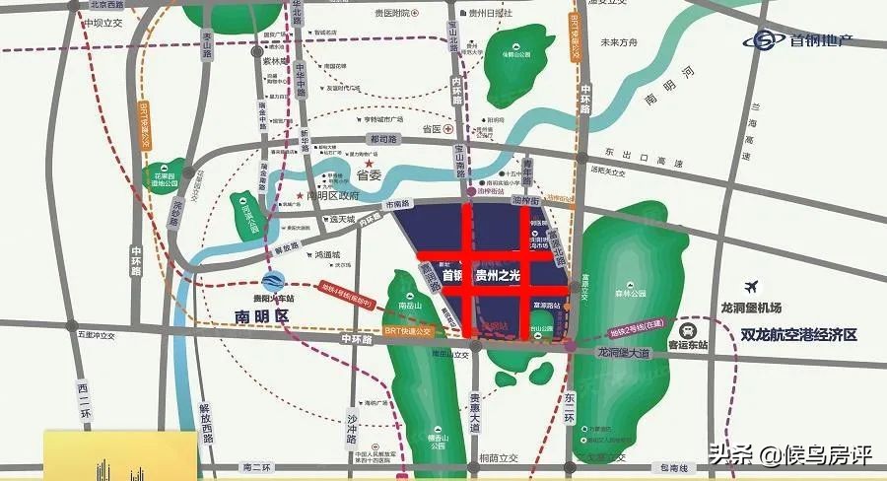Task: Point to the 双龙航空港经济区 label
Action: tap(798, 335)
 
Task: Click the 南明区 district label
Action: tap(259, 317)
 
